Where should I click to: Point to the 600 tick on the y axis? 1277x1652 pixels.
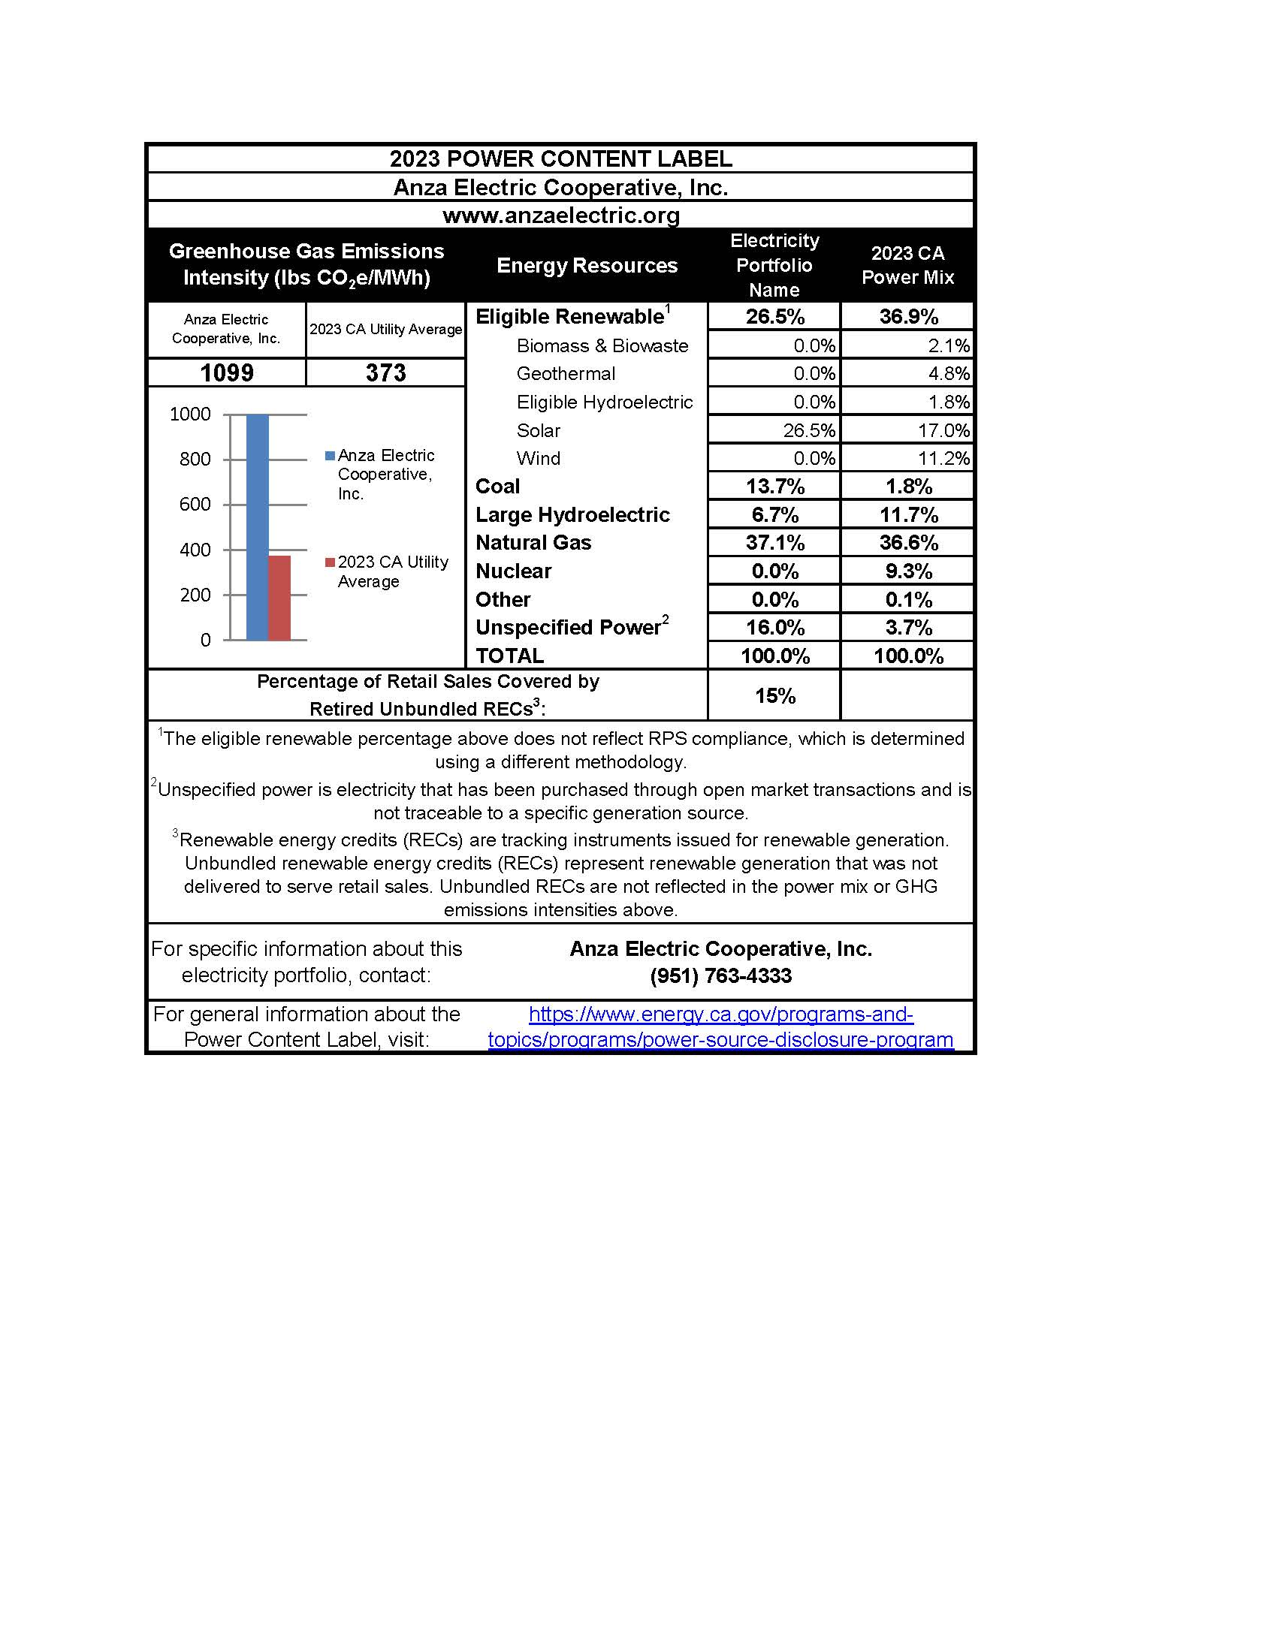click(x=195, y=505)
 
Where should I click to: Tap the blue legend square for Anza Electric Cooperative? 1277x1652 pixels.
click(x=330, y=455)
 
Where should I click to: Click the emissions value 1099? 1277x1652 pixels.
click(x=226, y=373)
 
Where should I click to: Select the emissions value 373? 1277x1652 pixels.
click(x=385, y=373)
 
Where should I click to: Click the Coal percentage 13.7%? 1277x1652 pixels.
click(x=774, y=487)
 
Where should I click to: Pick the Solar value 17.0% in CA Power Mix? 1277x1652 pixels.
click(x=943, y=430)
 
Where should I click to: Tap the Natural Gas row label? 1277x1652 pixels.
click(x=533, y=542)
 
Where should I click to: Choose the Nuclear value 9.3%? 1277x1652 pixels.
click(x=908, y=571)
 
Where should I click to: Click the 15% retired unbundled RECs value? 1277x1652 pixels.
click(x=774, y=696)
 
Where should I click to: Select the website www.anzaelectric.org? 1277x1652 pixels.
click(x=560, y=216)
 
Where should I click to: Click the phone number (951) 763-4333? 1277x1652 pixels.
click(x=720, y=975)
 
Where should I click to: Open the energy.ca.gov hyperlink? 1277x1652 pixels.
click(x=720, y=1026)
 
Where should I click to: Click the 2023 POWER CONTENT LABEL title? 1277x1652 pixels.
click(x=560, y=159)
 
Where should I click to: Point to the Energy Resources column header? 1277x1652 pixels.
click(x=587, y=266)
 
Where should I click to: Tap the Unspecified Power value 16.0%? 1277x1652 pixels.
click(x=774, y=628)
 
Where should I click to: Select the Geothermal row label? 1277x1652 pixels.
click(x=565, y=374)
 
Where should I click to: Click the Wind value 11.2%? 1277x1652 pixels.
click(x=943, y=458)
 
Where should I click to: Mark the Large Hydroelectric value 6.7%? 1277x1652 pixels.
click(x=774, y=515)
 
